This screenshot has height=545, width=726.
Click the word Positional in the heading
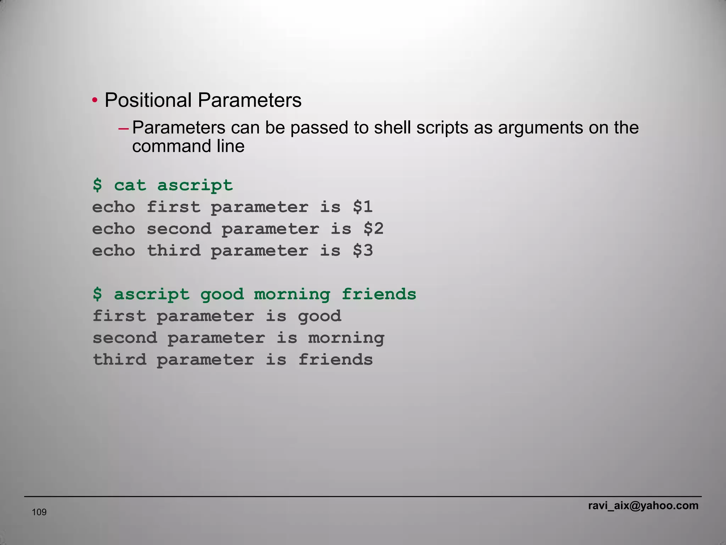coord(148,100)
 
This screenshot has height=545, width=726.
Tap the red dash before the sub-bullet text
coord(123,128)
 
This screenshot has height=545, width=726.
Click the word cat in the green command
coord(130,185)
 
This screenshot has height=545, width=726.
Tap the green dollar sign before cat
coord(97,185)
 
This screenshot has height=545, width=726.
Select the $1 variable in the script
coord(363,207)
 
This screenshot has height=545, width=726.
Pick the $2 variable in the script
coord(373,229)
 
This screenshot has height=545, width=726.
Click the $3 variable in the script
coord(363,251)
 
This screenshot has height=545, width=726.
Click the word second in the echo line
coord(179,229)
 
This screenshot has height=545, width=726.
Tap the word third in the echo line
coord(174,251)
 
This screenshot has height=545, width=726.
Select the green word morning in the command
coord(292,294)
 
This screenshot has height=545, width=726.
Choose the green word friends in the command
coord(379,294)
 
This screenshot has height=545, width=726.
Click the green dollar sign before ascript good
coord(97,294)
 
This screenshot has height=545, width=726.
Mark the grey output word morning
coord(346,338)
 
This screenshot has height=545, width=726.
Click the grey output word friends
coord(335,360)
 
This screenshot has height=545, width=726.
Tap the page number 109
coord(39,512)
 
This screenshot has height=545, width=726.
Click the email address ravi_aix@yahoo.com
coord(643,506)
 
